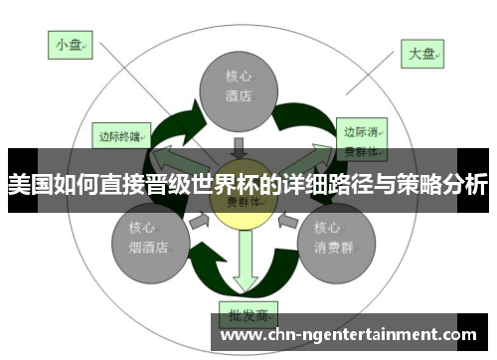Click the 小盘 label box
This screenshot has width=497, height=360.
click(69, 44)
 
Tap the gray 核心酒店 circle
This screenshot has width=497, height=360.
click(238, 87)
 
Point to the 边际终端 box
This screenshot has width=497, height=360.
click(120, 134)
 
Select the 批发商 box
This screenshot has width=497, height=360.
click(246, 315)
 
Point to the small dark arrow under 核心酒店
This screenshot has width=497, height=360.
click(238, 144)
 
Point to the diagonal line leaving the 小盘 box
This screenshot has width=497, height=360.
click(129, 80)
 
